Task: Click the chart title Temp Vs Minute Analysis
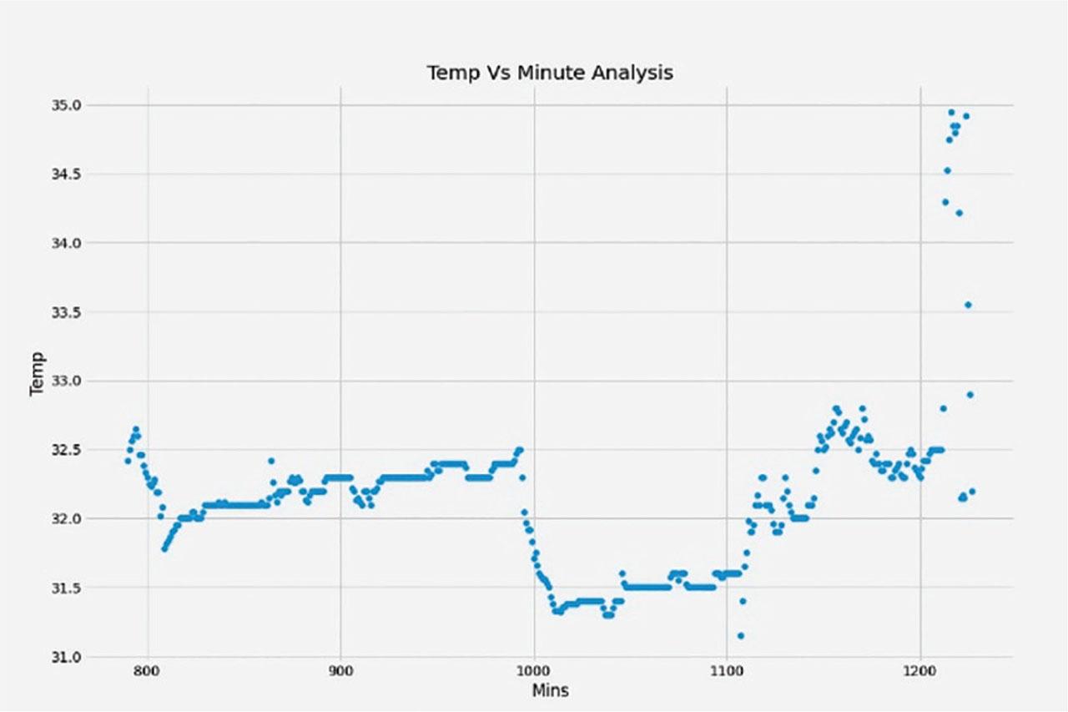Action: tap(550, 73)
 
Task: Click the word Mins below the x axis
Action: tap(550, 690)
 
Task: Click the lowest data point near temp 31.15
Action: tap(740, 636)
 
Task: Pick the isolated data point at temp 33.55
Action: tap(968, 305)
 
